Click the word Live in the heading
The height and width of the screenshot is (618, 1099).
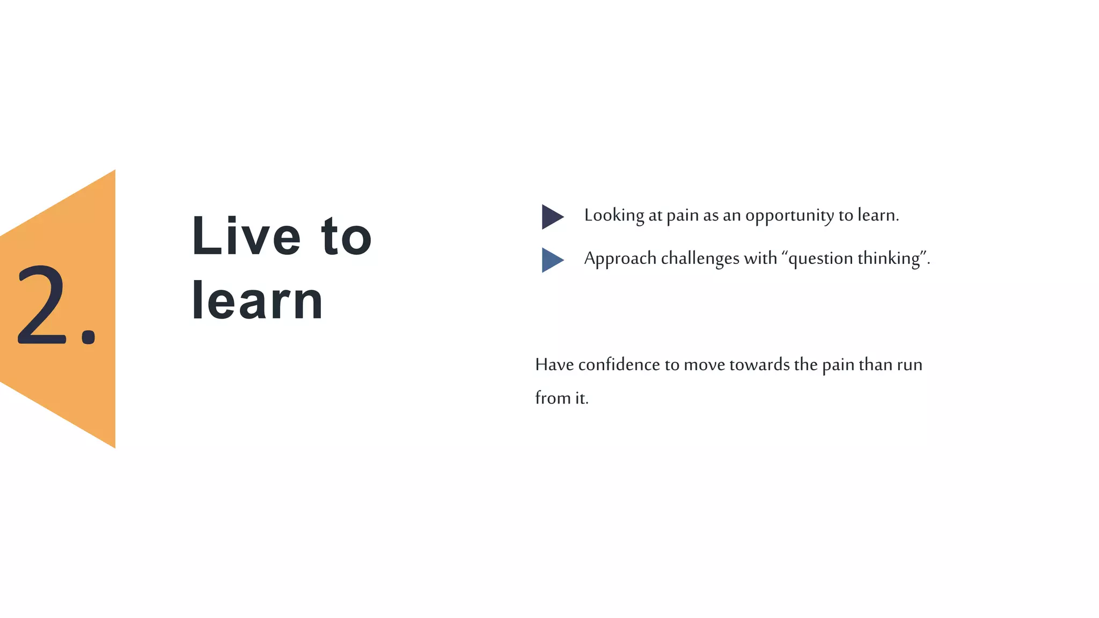tap(246, 236)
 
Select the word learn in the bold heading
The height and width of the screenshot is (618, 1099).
tap(257, 301)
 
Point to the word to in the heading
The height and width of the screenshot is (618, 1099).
tap(346, 237)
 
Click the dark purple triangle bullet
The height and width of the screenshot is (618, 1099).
tap(551, 217)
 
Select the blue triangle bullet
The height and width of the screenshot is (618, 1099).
tap(551, 260)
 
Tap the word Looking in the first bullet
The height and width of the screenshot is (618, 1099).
tap(614, 215)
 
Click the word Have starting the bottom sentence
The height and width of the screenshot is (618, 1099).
tap(554, 365)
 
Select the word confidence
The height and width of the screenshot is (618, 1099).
tap(619, 365)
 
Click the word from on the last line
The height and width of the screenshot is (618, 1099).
tap(553, 398)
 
